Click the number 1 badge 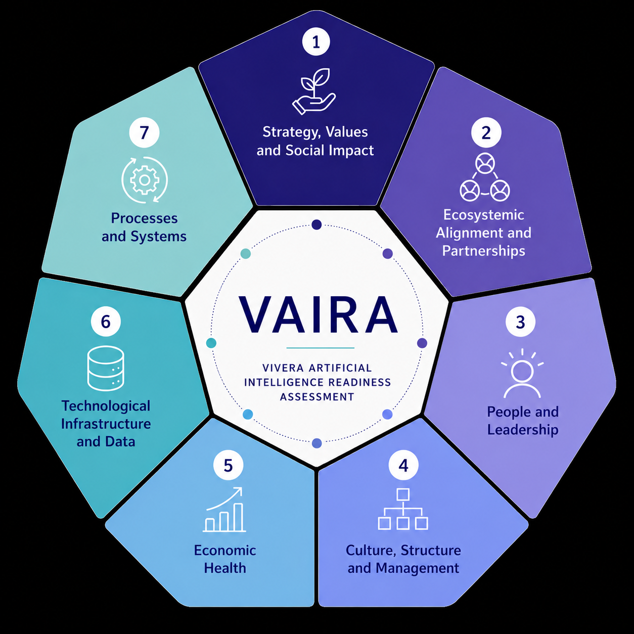pos(316,42)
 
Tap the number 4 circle pos(403,465)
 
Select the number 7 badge pos(144,132)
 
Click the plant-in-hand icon pos(314,91)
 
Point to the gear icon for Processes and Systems pos(145,179)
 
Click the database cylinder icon pos(106,368)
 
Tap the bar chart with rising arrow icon pos(224,509)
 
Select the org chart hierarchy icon pos(403,509)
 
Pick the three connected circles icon pos(485,177)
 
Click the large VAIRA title pos(318,314)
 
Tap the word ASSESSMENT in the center pos(317,397)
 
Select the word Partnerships pos(483,251)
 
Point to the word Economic pos(225,551)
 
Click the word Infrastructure pos(106,424)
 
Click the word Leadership pos(523,430)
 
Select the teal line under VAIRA pos(320,347)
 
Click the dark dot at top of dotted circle pos(316,224)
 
